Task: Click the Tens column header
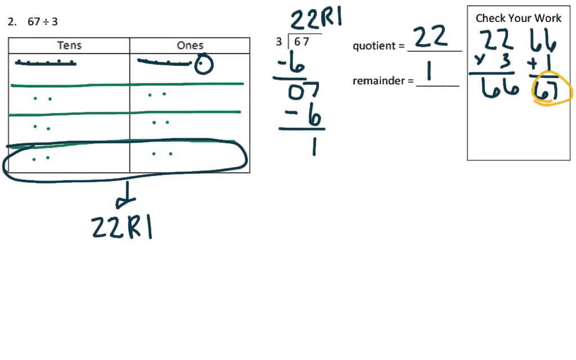click(x=69, y=46)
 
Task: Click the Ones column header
click(x=190, y=46)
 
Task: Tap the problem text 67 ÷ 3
click(x=43, y=22)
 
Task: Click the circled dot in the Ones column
click(x=203, y=66)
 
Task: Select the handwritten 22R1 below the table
click(x=122, y=227)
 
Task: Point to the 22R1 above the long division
click(x=316, y=20)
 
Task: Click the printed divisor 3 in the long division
click(x=279, y=42)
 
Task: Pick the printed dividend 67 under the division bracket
click(x=301, y=42)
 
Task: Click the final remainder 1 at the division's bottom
click(x=313, y=147)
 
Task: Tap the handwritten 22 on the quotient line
click(x=431, y=38)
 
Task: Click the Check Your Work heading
click(x=518, y=18)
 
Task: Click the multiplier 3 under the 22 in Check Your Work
click(x=504, y=61)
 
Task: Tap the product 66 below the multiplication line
click(x=499, y=88)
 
